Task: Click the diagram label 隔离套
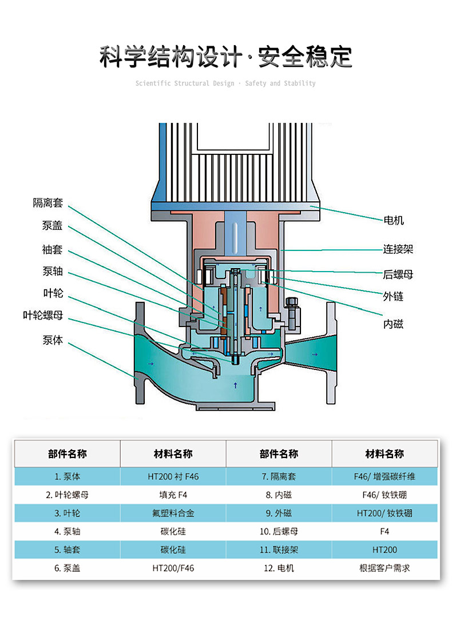[x=47, y=203]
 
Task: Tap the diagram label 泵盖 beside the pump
[x=52, y=225]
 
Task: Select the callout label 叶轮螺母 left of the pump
[x=43, y=315]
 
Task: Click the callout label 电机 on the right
[x=394, y=220]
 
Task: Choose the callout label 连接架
[x=398, y=249]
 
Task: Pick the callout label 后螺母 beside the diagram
[x=398, y=274]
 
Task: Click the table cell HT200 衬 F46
[x=173, y=476]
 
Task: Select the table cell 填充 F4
[x=173, y=495]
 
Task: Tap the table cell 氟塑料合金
[x=173, y=513]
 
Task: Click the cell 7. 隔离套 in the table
[x=279, y=476]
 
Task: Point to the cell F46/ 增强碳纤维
[x=384, y=476]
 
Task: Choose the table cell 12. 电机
[x=279, y=568]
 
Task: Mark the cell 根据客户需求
[x=384, y=568]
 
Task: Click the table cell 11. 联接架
[x=279, y=550]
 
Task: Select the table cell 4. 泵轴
[x=67, y=531]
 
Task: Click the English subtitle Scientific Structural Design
[x=185, y=83]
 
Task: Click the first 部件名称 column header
[x=67, y=454]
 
